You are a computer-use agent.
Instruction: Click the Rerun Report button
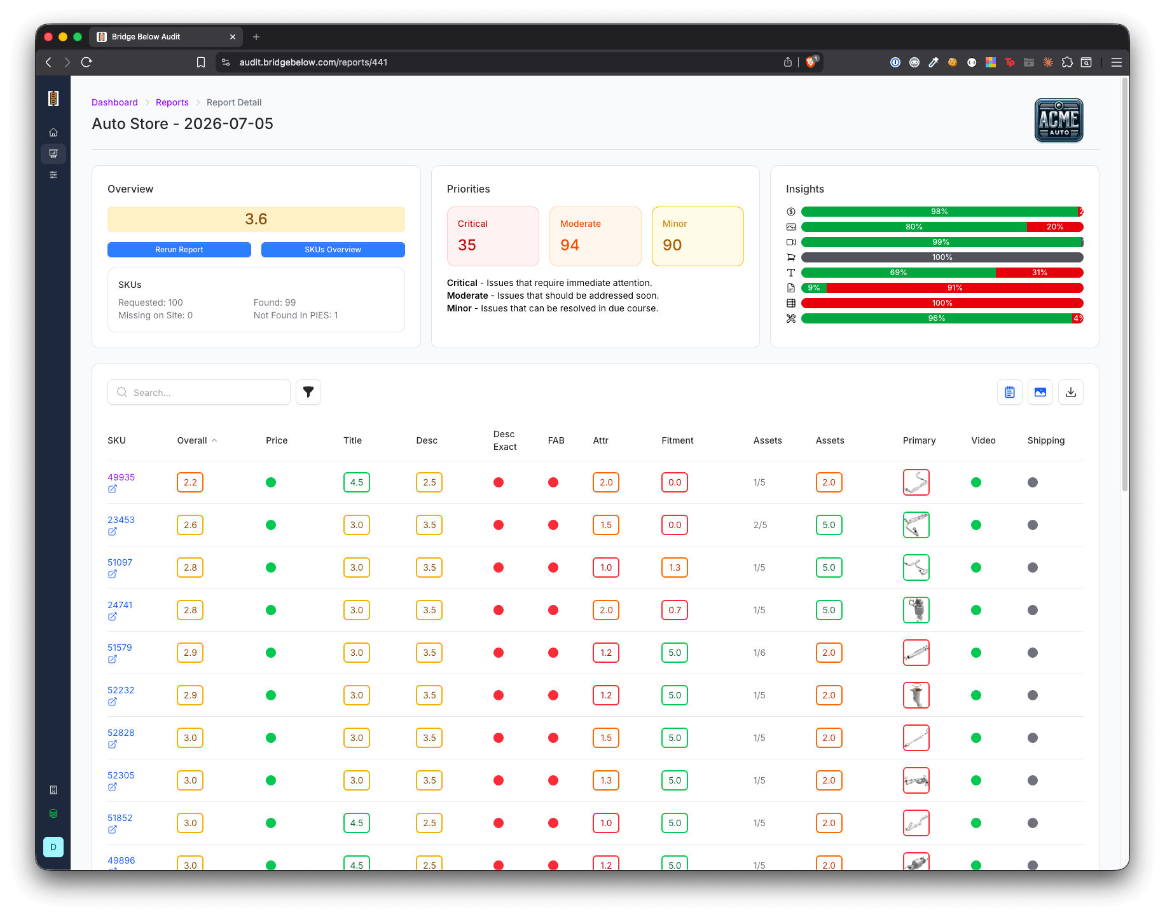[179, 250]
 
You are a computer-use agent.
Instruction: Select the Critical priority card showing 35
[493, 236]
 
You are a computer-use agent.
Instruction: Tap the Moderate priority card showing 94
[595, 236]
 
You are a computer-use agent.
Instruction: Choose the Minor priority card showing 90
[698, 236]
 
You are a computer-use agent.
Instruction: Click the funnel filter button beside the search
[308, 392]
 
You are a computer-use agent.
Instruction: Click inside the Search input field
[199, 392]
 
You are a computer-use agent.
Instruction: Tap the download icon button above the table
[1071, 392]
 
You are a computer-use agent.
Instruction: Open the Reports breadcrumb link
[172, 102]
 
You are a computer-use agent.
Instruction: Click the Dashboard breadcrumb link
[114, 102]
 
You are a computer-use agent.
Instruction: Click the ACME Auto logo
[1059, 120]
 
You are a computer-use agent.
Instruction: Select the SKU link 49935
[121, 477]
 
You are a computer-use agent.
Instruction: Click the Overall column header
[192, 440]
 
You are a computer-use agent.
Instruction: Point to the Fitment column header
[677, 440]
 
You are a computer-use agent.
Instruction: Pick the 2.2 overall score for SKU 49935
[190, 482]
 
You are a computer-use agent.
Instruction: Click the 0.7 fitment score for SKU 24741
[675, 610]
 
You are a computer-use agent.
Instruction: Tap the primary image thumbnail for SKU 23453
[916, 525]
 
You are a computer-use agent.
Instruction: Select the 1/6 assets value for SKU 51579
[759, 653]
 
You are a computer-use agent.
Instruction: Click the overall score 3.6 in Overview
[256, 219]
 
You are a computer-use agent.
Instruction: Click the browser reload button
[86, 62]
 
